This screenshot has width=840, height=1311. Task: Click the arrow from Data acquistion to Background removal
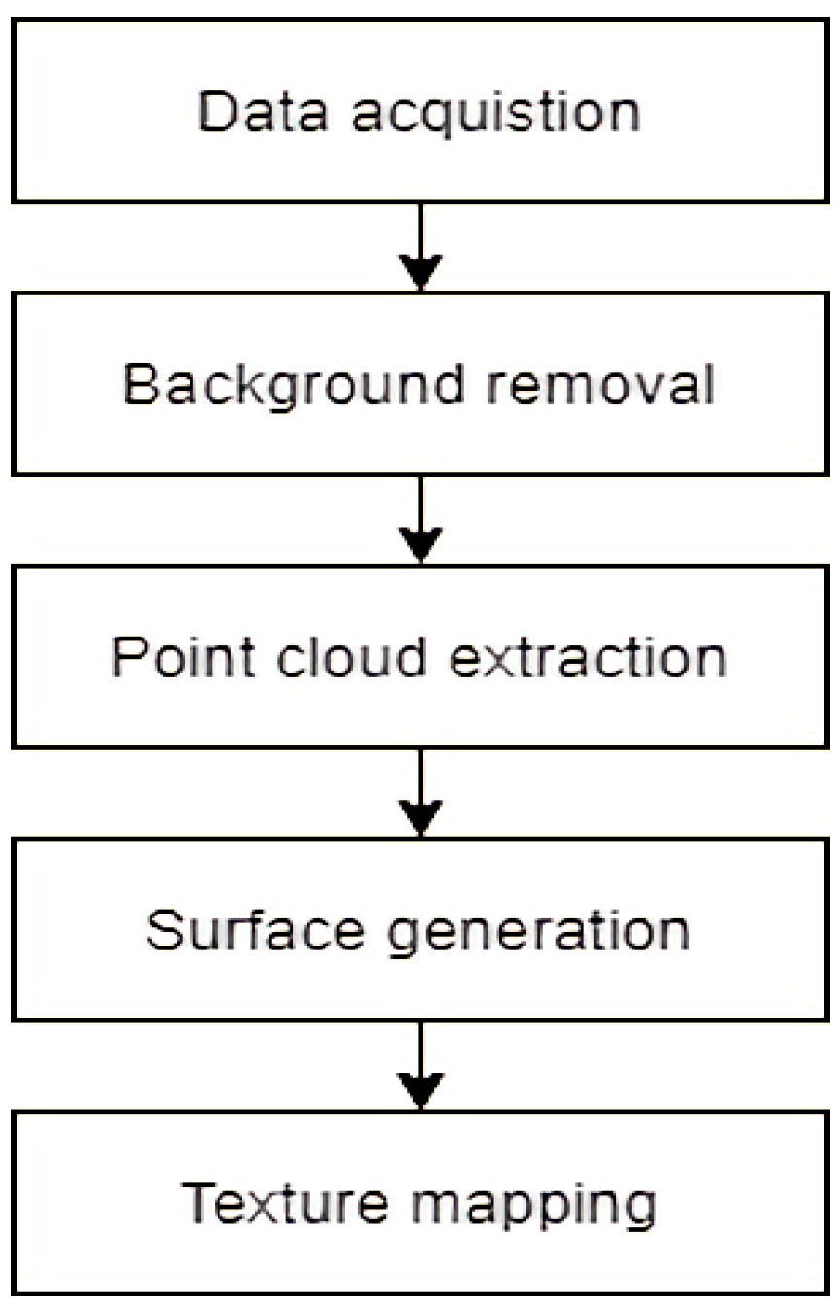point(420,243)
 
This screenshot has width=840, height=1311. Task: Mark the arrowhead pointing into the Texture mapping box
point(420,1090)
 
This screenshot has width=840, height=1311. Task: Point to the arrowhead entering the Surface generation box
point(420,818)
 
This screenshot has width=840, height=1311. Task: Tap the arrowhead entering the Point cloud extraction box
point(420,545)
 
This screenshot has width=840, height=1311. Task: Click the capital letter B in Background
point(141,385)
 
